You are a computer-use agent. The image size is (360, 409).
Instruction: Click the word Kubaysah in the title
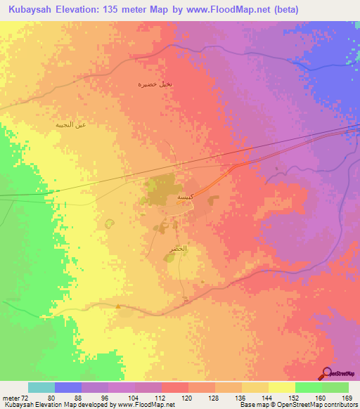pos(29,10)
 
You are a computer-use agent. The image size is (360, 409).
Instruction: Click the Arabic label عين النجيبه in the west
pos(71,124)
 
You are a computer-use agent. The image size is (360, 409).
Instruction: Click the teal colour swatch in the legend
pos(41,387)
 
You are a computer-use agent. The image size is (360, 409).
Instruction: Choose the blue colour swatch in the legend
pos(68,387)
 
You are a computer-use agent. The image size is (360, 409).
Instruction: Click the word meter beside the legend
pos(9,398)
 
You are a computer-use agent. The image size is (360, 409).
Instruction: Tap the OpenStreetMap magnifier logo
pos(328,372)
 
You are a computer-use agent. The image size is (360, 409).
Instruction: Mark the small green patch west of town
pos(109,224)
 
